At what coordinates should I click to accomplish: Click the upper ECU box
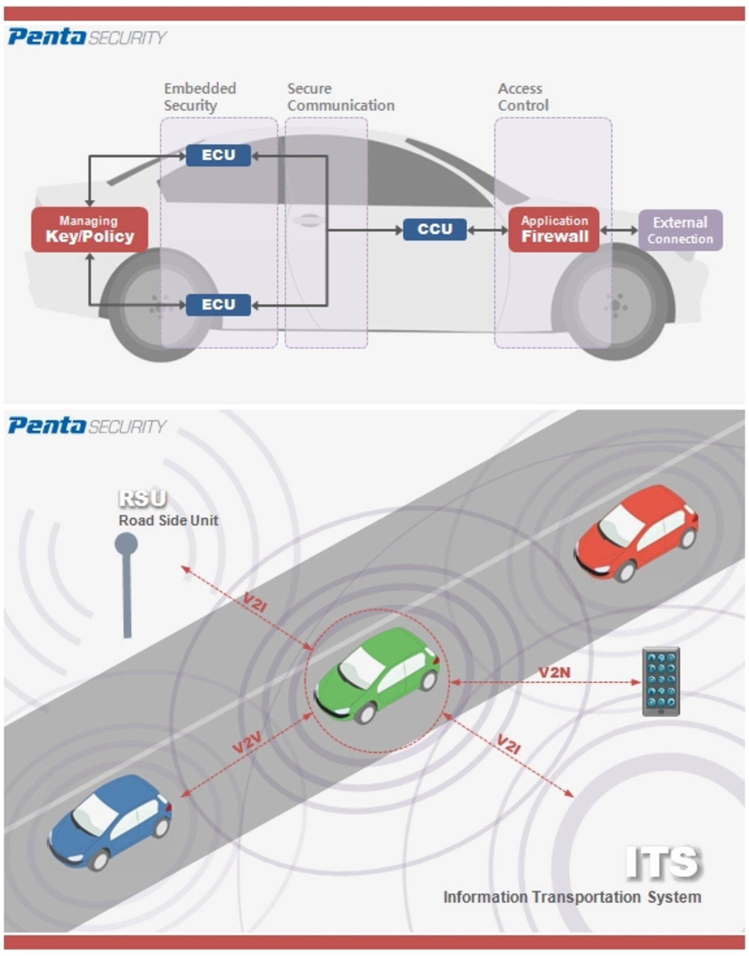click(x=218, y=156)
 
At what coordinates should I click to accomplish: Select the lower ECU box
click(x=218, y=305)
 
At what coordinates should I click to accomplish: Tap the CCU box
click(x=434, y=229)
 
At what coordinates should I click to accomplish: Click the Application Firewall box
click(x=554, y=229)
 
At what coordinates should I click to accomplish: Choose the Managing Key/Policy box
click(x=89, y=229)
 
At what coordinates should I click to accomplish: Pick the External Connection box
click(x=680, y=230)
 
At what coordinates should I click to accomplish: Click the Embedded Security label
click(x=199, y=97)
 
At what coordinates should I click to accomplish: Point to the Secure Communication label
click(x=341, y=97)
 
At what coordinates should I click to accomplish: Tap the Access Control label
click(x=523, y=97)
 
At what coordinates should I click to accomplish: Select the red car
click(x=637, y=533)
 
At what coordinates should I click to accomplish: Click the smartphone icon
click(x=661, y=681)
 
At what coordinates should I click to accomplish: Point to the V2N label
click(x=554, y=672)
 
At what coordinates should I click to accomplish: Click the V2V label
click(x=247, y=743)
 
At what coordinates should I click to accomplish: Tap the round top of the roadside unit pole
click(x=126, y=543)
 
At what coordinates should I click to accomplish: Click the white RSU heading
click(x=142, y=498)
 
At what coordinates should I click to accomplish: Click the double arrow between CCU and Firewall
click(x=487, y=230)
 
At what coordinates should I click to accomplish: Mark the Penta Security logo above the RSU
click(x=86, y=426)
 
